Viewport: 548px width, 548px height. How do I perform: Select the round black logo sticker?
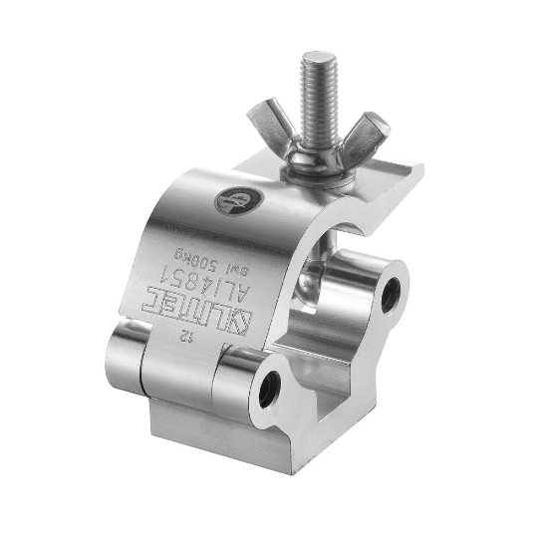[233, 201]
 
